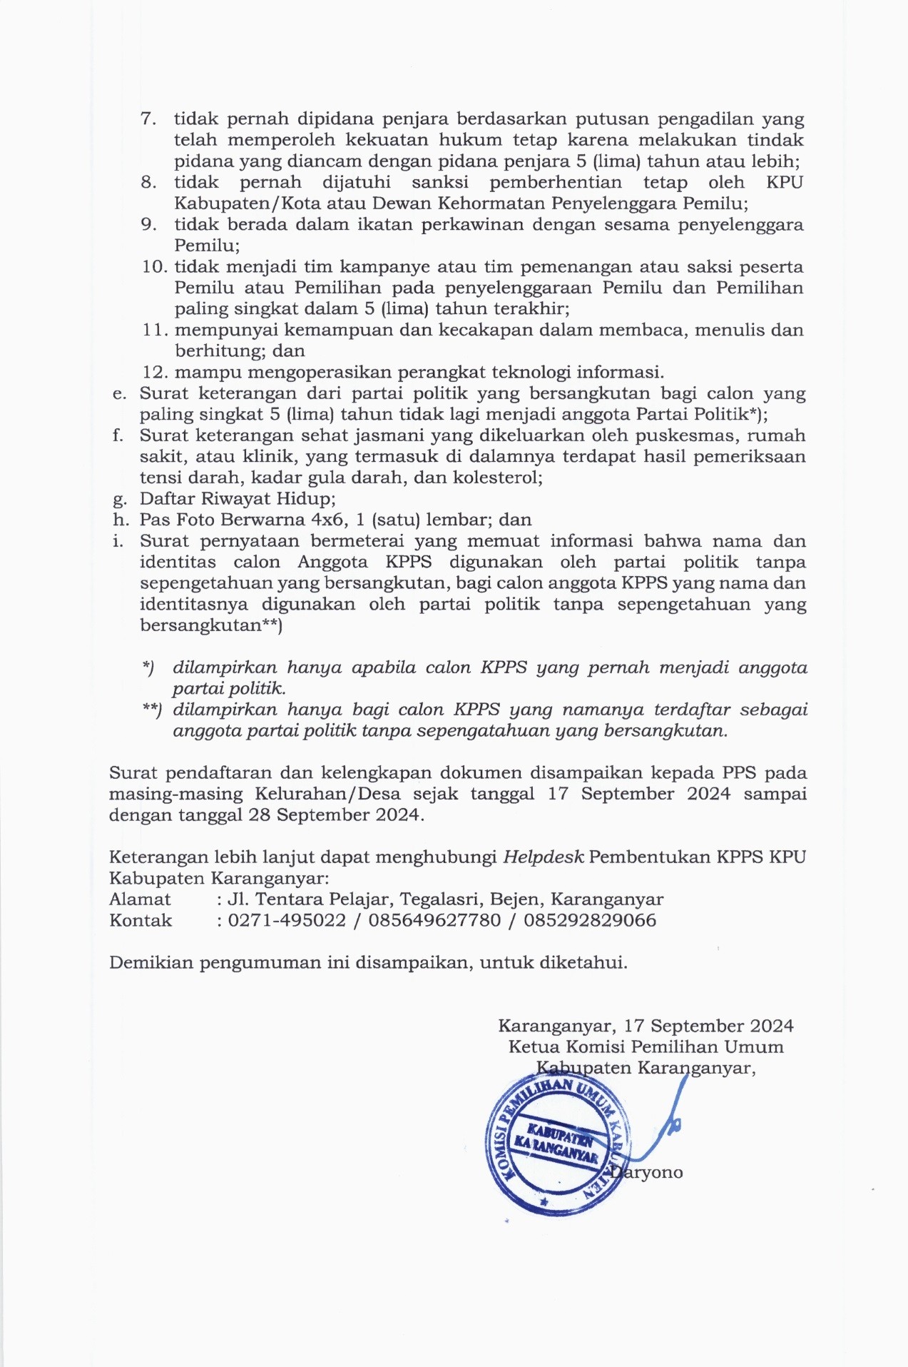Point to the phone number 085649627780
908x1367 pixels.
[x=434, y=920]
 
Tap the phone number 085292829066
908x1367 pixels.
[x=590, y=920]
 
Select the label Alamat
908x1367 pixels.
[x=140, y=899]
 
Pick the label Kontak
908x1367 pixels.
[x=141, y=920]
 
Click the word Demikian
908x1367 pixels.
[x=151, y=962]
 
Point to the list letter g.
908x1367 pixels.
[x=118, y=499]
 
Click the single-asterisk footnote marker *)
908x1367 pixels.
[x=148, y=667]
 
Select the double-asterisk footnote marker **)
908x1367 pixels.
[x=152, y=710]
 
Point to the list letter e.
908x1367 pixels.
[x=118, y=393]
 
